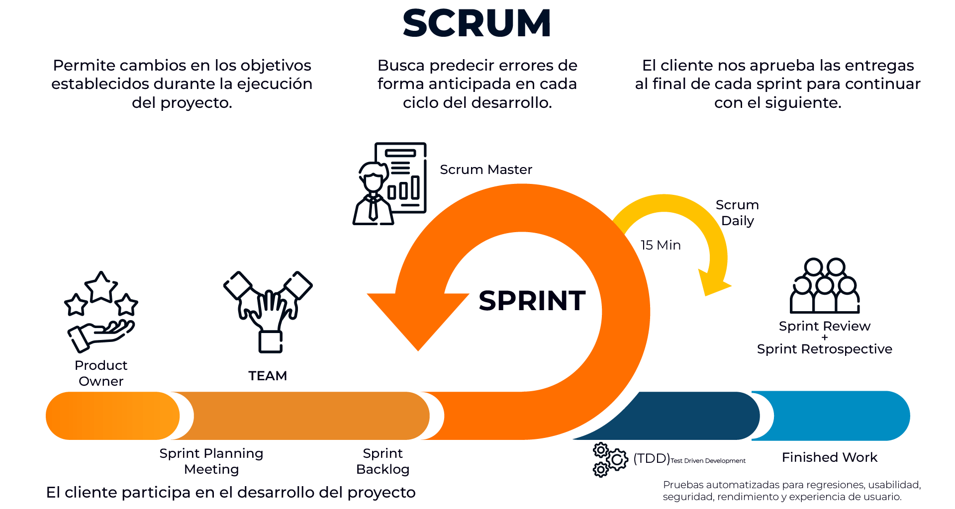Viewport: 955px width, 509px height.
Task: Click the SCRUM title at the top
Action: pyautogui.click(x=477, y=23)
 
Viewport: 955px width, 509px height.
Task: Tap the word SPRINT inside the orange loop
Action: pyautogui.click(x=532, y=301)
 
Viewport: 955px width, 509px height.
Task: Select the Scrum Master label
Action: pyautogui.click(x=485, y=170)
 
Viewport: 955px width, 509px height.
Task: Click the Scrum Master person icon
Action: pyautogui.click(x=389, y=184)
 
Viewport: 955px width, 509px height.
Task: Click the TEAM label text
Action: pyautogui.click(x=268, y=376)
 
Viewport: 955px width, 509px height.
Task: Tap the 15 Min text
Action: pyautogui.click(x=660, y=245)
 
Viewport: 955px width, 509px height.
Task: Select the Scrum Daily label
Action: pyautogui.click(x=737, y=213)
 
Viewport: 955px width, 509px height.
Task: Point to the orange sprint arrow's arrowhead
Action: pyautogui.click(x=418, y=318)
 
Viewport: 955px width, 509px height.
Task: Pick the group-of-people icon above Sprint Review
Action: pyautogui.click(x=825, y=286)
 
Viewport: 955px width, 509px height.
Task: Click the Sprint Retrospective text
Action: pyautogui.click(x=824, y=349)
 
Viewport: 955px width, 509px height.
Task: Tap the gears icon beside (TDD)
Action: pyautogui.click(x=610, y=459)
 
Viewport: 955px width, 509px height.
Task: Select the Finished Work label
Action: pyautogui.click(x=829, y=457)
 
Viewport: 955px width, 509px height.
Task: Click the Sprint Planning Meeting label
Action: pyautogui.click(x=211, y=461)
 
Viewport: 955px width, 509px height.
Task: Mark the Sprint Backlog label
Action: pyautogui.click(x=382, y=461)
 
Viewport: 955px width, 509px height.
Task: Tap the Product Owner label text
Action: pyautogui.click(x=101, y=373)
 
